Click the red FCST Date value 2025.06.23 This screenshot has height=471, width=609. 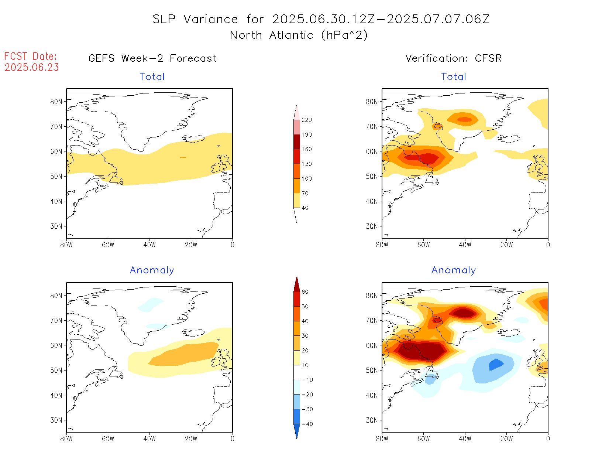tap(32, 68)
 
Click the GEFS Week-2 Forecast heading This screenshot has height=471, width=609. tap(152, 58)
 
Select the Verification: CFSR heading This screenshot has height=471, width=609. tap(453, 58)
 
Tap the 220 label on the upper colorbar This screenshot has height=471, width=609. tap(306, 120)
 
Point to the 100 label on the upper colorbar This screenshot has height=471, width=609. tap(306, 178)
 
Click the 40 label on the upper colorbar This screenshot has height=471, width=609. tap(305, 208)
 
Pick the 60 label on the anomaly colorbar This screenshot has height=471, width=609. tap(305, 292)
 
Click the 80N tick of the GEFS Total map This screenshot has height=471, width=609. tap(56, 102)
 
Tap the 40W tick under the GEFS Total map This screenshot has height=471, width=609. tap(149, 245)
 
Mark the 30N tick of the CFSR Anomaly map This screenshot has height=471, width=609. tap(372, 420)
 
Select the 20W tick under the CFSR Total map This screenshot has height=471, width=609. tap(506, 245)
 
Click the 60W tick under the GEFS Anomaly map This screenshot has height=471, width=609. tap(108, 438)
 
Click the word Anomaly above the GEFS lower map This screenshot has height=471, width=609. tap(152, 270)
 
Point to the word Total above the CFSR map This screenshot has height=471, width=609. tap(454, 77)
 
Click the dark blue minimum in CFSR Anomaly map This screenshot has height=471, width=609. tap(495, 364)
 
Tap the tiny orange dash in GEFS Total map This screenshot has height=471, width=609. tap(183, 157)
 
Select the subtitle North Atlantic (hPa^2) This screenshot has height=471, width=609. tap(299, 35)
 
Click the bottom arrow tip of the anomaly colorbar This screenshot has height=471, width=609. tap(297, 438)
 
